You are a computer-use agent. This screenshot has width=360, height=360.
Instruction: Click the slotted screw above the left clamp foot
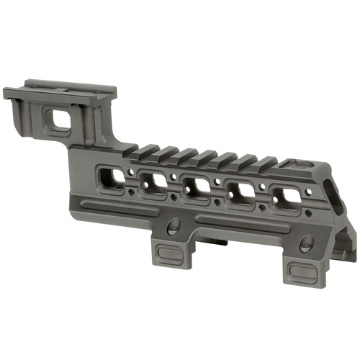pos(172,228)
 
